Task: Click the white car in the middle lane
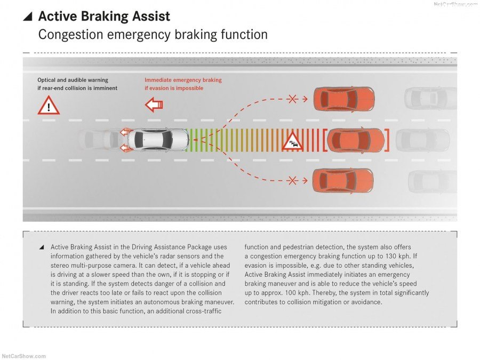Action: (x=158, y=140)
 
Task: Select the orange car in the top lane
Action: (x=343, y=99)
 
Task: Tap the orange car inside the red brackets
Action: (x=355, y=140)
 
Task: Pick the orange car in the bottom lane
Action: (x=342, y=181)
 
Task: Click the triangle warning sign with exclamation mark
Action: (x=49, y=106)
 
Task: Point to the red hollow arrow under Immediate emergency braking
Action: (x=154, y=105)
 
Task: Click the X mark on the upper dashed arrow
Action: (x=292, y=99)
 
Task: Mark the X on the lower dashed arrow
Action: (x=292, y=181)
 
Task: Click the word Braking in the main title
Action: (x=105, y=17)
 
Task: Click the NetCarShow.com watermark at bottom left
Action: (x=24, y=356)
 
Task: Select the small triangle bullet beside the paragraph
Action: (x=41, y=247)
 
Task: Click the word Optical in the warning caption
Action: (x=47, y=80)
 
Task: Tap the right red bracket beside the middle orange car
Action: (x=387, y=140)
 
